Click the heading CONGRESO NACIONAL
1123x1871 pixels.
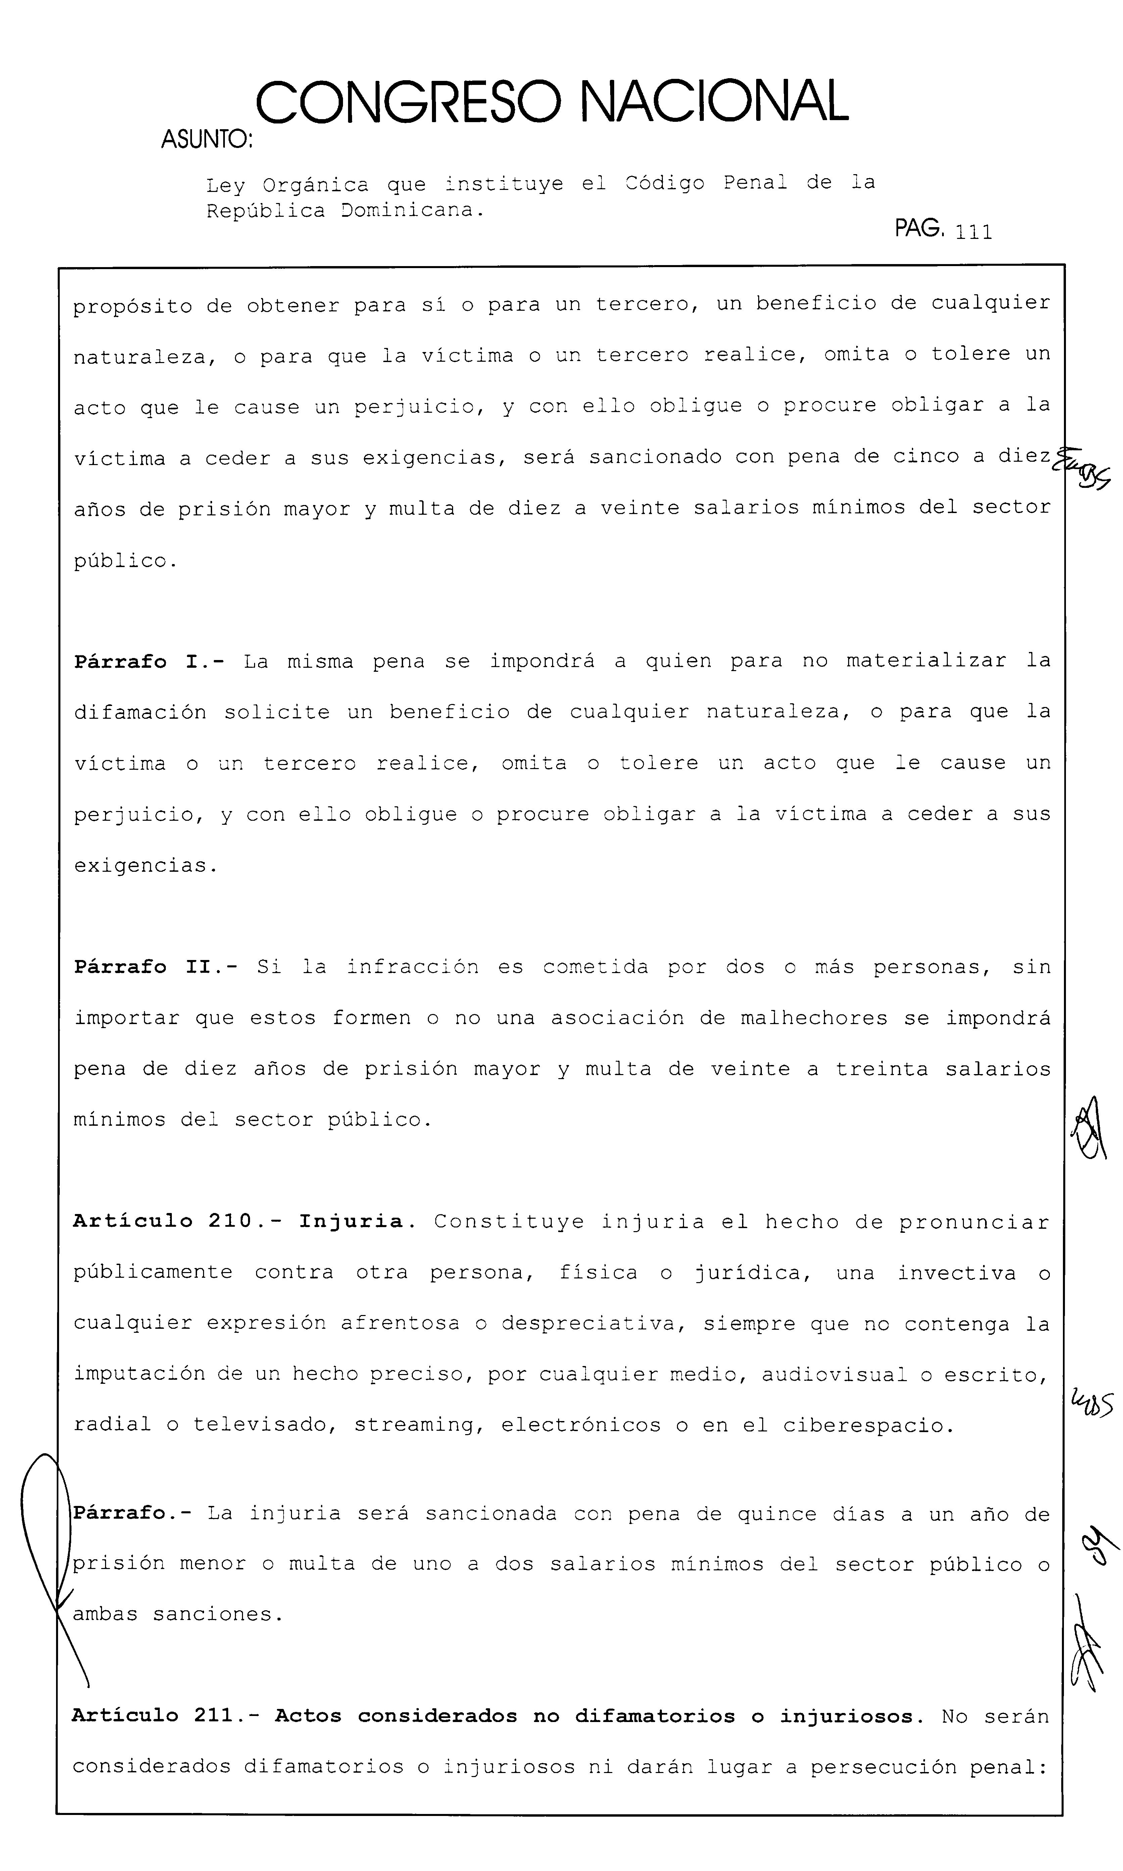(552, 102)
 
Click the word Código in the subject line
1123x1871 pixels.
(665, 183)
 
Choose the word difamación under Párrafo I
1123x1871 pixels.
(140, 713)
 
